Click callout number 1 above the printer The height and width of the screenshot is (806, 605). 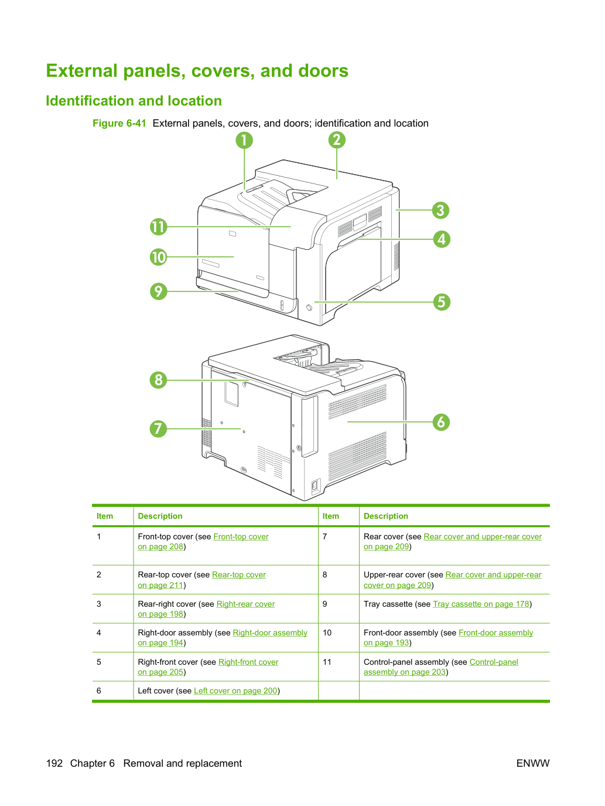pos(244,140)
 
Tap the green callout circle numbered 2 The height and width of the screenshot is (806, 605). pos(336,140)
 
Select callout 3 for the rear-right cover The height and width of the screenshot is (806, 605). pos(440,210)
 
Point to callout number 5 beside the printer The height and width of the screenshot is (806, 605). pos(442,302)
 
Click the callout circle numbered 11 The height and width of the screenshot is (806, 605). pos(159,227)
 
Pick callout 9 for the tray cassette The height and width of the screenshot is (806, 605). pos(159,291)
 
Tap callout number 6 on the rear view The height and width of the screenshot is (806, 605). pos(441,422)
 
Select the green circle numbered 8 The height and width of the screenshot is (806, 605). pos(159,380)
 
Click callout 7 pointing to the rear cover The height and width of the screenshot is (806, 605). pos(159,428)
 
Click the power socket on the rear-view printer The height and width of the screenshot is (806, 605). pos(315,486)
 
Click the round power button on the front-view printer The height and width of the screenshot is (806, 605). pos(309,307)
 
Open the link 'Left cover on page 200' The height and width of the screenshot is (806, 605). pos(235,691)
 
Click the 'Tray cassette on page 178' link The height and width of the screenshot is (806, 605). pos(481,604)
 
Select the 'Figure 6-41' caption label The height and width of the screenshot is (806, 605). pos(119,123)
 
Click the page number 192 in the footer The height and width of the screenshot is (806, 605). pos(54,763)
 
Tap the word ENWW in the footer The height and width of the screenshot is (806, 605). pos(533,763)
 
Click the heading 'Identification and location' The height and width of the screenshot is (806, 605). pos(134,101)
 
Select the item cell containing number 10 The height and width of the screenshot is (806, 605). pos(327,632)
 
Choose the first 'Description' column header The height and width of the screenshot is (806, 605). pos(160,516)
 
